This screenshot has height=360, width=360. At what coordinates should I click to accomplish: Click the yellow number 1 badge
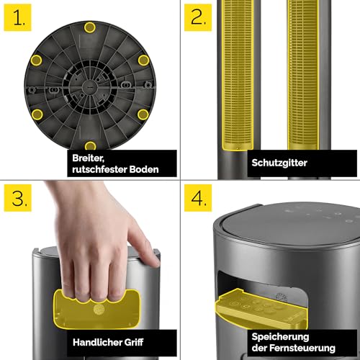pos(17,17)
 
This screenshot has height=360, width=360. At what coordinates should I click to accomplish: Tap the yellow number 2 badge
pos(198,17)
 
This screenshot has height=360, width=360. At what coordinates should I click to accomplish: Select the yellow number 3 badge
pos(17,198)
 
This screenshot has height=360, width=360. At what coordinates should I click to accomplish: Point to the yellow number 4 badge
pos(198,198)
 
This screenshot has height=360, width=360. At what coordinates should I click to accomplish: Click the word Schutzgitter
pos(279,163)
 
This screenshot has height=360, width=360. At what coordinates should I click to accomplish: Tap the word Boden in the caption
pos(144,169)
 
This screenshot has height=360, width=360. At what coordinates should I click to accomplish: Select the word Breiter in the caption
pos(88,158)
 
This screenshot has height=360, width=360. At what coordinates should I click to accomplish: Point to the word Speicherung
pos(280,337)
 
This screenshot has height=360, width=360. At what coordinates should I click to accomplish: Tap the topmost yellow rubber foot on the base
pos(90,27)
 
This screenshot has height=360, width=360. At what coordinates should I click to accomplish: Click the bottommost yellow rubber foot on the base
pos(90,145)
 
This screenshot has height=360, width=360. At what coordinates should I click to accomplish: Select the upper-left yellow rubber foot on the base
pos(36,60)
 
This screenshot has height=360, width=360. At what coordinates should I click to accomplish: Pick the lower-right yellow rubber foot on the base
pos(143,114)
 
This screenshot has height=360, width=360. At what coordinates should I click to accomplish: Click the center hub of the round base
pos(89,87)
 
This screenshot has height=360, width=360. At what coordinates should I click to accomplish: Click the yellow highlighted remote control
pos(261,308)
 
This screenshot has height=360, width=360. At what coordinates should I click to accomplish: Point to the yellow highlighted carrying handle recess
pos(96,310)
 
